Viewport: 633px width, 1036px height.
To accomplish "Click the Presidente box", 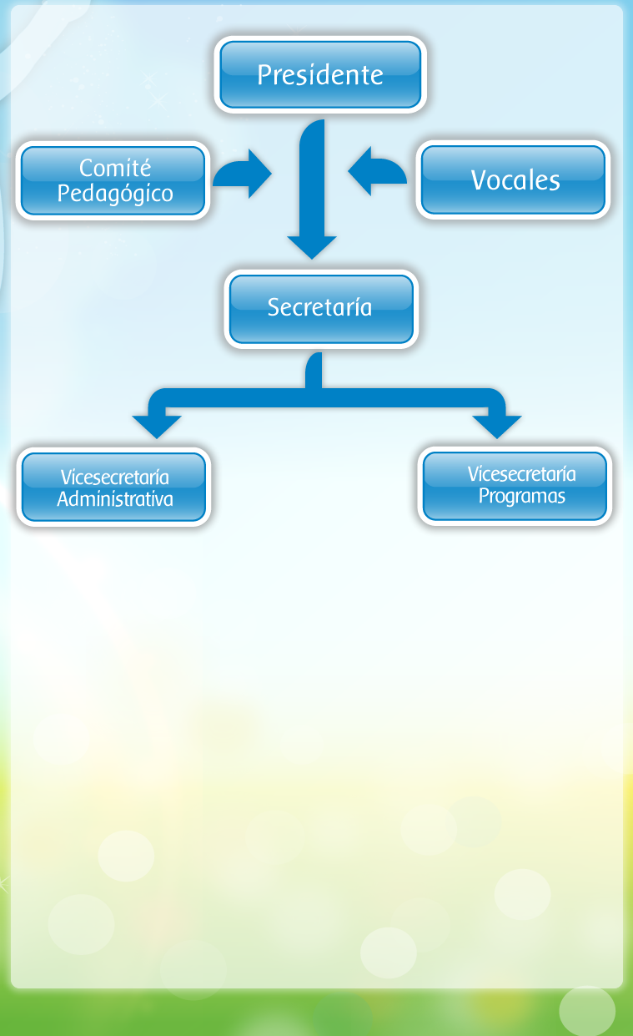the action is (320, 74).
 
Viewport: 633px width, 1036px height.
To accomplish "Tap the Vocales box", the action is (514, 180).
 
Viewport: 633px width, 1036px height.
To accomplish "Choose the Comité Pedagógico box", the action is (113, 180).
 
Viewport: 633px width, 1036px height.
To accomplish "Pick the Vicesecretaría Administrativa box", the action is (113, 487).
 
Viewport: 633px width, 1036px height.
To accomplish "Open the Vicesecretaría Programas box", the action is (515, 486).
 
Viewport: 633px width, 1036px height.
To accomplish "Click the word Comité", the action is (115, 168).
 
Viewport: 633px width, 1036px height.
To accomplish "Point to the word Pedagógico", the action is (115, 194).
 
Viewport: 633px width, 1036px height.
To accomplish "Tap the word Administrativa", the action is (115, 499).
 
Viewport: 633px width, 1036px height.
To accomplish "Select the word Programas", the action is (521, 496).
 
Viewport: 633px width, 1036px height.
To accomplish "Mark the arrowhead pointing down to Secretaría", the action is (312, 247).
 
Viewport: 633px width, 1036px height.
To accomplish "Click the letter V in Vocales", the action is (478, 180).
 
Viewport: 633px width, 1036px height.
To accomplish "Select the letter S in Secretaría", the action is (274, 307).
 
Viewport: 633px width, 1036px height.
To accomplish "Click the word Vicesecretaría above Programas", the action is (521, 474).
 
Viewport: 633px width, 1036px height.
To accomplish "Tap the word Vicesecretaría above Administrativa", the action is (115, 478).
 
